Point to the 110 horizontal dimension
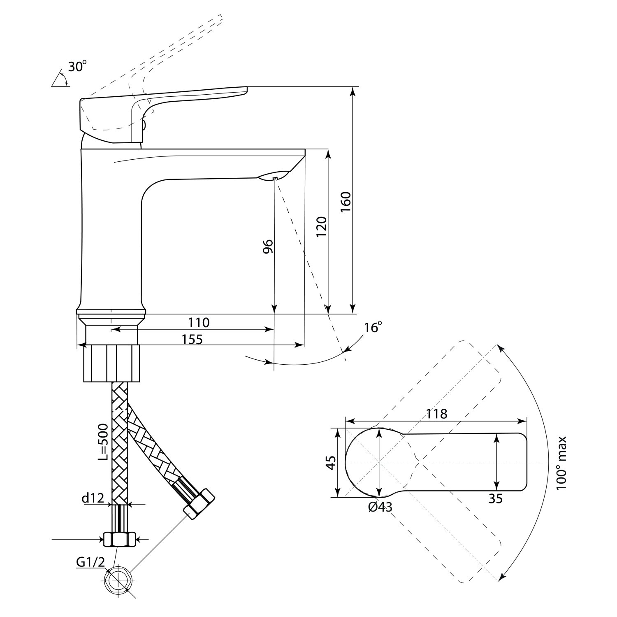click(199, 322)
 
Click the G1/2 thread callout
click(90, 563)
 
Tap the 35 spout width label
click(496, 498)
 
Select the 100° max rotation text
click(561, 463)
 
